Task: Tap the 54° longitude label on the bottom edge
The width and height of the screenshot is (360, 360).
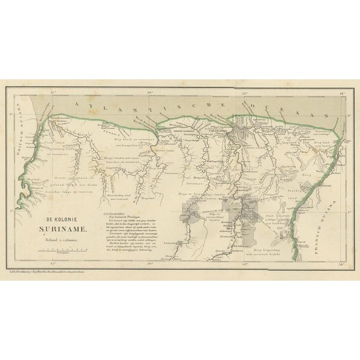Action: pyautogui.click(x=343, y=263)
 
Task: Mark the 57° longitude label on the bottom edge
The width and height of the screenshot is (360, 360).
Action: pyautogui.click(x=53, y=263)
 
